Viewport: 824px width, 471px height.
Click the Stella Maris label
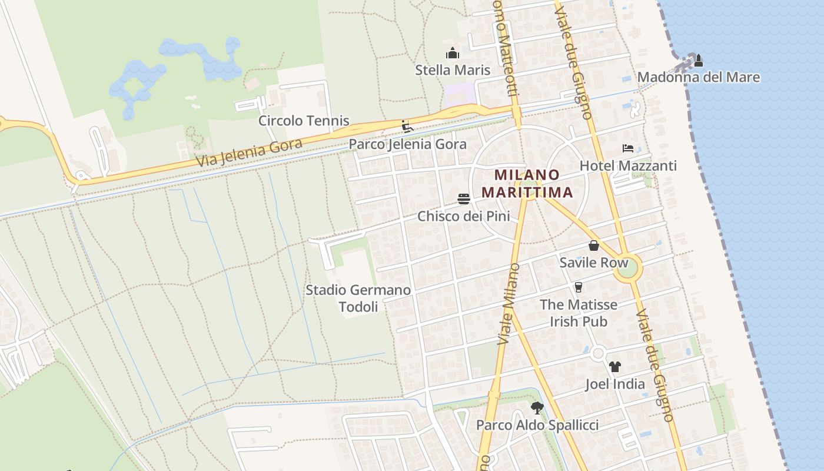pos(453,70)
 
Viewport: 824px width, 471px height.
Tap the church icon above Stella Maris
pos(453,54)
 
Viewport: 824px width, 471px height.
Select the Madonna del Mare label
pos(699,77)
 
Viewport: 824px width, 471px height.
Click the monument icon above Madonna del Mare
pos(699,60)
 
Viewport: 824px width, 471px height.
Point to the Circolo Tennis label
pos(304,121)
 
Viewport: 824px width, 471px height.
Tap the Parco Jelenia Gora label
pos(407,144)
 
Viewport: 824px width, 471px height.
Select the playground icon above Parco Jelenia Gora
pos(407,127)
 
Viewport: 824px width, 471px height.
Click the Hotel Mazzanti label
pos(628,165)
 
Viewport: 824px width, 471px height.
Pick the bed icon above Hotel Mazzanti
pos(628,148)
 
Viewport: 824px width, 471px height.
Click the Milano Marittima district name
pos(527,183)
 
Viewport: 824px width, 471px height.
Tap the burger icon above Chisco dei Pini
pos(464,199)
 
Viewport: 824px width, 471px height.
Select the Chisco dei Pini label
pos(464,216)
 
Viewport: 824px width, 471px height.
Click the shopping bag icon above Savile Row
pos(594,246)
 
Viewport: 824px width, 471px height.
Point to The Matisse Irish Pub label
pos(579,313)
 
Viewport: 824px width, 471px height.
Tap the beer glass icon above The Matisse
pos(579,287)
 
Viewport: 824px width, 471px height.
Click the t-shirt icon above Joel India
pos(615,367)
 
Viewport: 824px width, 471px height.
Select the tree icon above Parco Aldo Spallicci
pos(537,407)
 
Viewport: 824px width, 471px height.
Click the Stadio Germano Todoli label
pos(358,298)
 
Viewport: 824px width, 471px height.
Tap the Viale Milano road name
pos(509,304)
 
